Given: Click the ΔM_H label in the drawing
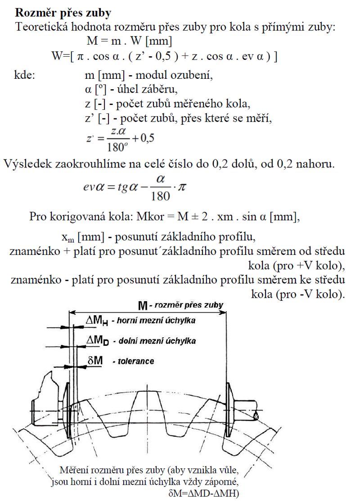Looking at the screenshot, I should click(96, 321).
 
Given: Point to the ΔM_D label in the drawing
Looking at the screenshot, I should click(97, 340).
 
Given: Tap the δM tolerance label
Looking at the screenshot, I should click(94, 360).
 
